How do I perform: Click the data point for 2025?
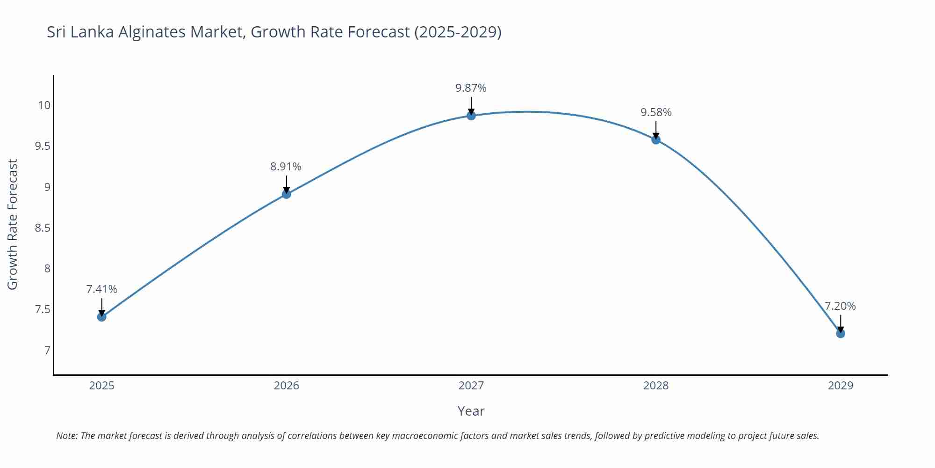point(102,317)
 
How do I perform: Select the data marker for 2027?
point(471,116)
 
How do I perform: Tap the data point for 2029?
point(841,334)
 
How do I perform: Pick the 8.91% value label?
point(286,167)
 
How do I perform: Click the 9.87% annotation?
point(471,88)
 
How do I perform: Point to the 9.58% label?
point(656,112)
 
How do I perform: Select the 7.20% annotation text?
point(840,306)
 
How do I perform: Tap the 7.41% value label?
point(101,289)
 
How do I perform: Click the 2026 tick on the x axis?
point(286,386)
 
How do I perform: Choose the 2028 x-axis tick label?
point(656,386)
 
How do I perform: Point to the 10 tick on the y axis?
point(44,105)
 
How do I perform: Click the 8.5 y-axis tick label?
point(43,228)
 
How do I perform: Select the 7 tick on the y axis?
point(47,351)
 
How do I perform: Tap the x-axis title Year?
point(471,411)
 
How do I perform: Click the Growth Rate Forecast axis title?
point(13,224)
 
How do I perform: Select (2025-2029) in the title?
point(458,32)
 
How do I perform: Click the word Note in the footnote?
point(66,436)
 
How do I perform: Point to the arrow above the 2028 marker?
point(656,130)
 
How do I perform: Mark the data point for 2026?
point(287,194)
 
